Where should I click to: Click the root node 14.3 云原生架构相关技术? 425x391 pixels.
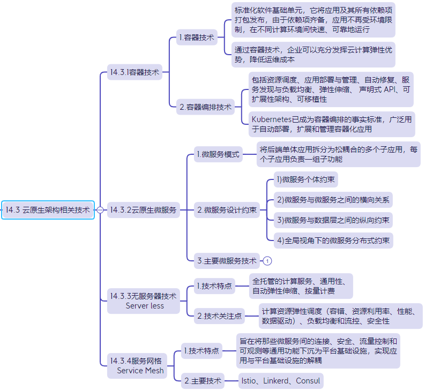pos(48,210)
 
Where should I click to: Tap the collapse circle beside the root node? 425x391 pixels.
pos(100,210)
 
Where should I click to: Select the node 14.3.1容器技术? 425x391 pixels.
pos(135,72)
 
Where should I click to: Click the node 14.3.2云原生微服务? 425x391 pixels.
pos(144,210)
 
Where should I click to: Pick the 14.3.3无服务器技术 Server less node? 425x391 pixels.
pos(144,301)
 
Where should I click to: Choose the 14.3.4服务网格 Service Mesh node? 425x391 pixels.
pos(137,365)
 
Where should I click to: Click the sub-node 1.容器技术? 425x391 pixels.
pos(197,37)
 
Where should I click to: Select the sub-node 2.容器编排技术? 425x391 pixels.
pos(205,107)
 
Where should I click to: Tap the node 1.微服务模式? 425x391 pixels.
pos(218,154)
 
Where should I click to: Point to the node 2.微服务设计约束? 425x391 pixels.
pos(227,210)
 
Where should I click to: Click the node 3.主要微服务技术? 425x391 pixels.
pos(227,261)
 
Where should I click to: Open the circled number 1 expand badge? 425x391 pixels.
pos(267,261)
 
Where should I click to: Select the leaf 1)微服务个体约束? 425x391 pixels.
pos(305,179)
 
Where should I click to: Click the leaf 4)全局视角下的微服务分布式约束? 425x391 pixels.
pos(333,240)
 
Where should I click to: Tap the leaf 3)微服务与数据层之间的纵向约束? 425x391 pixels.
pos(333,220)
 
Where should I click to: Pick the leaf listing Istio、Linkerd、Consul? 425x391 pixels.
pos(281,381)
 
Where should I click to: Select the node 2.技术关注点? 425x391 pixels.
pos(219,316)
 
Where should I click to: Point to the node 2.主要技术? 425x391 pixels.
pos(203,381)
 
